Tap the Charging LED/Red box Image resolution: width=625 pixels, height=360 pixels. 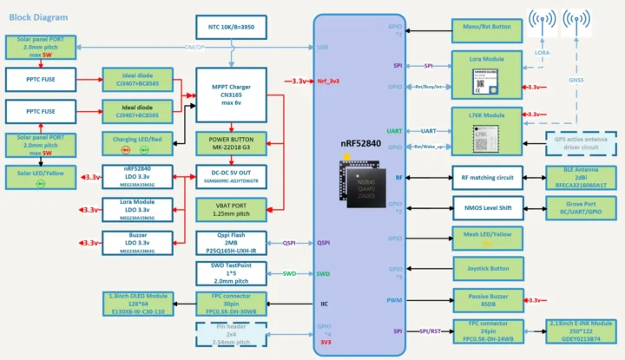(137, 141)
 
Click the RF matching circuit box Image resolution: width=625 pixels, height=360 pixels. (486, 178)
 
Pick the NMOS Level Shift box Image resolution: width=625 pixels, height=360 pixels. (486, 208)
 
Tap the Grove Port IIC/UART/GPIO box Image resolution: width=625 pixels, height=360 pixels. (581, 208)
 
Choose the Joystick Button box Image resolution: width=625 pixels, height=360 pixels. (486, 269)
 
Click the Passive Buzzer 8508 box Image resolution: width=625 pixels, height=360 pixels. (486, 299)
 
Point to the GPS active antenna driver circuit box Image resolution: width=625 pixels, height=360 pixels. (581, 142)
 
